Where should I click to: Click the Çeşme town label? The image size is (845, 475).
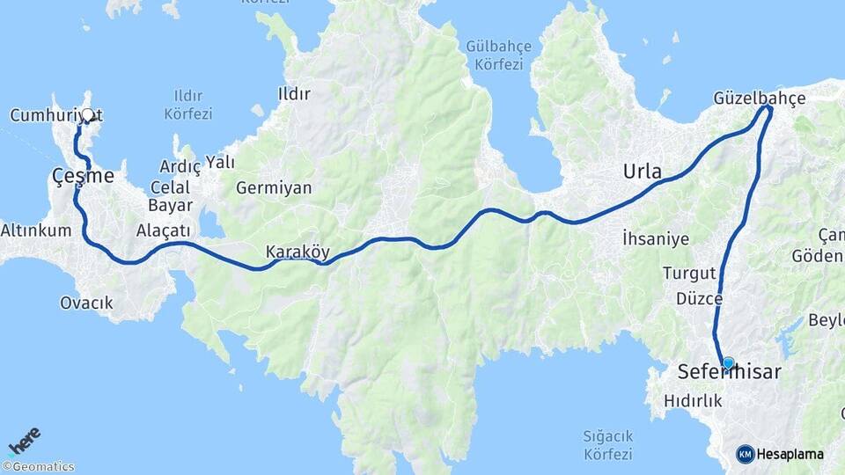point(83,176)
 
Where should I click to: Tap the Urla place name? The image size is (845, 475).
point(642,171)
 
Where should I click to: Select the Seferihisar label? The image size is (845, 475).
point(729,373)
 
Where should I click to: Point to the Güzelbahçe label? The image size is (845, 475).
point(760,98)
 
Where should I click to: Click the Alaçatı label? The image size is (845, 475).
point(163,230)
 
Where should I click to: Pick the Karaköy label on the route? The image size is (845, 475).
point(298,252)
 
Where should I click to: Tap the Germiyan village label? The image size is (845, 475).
point(274,187)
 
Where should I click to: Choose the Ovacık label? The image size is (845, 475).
point(86,303)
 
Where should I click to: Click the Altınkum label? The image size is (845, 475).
point(34,230)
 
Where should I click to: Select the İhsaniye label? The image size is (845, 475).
point(653,237)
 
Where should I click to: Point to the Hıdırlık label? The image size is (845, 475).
point(694,400)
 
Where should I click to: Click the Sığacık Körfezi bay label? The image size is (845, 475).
point(607,445)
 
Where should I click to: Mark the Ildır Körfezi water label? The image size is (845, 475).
point(188,104)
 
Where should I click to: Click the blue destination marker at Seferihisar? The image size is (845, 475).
point(728,362)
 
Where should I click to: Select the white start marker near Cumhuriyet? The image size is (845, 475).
point(88,114)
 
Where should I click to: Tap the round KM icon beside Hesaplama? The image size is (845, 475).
point(746,454)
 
